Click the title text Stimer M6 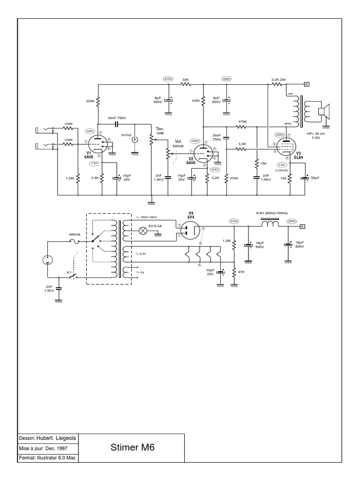pyautogui.click(x=132, y=447)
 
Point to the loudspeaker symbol pyautogui.click(x=322, y=112)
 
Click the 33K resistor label pyautogui.click(x=185, y=80)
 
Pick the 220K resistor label pyautogui.click(x=90, y=101)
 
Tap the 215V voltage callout pyautogui.click(x=168, y=79)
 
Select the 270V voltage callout pyautogui.click(x=234, y=221)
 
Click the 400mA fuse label pyautogui.click(x=75, y=234)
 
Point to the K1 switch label pyautogui.click(x=68, y=272)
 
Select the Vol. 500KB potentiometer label pyautogui.click(x=178, y=143)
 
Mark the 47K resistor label pyautogui.click(x=241, y=272)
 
